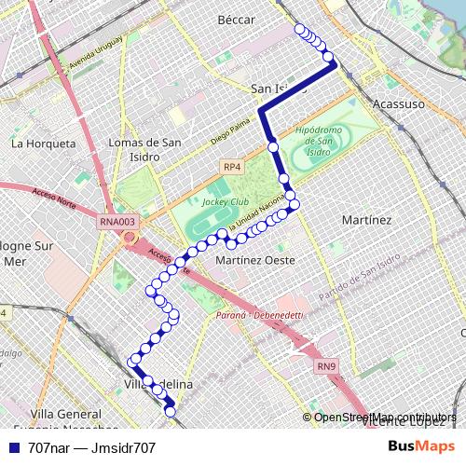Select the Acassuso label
click(x=399, y=103)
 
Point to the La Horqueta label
click(x=43, y=144)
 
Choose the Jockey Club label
click(x=226, y=200)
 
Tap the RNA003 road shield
click(x=117, y=222)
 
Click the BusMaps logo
click(x=422, y=446)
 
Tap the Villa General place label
click(x=65, y=413)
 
